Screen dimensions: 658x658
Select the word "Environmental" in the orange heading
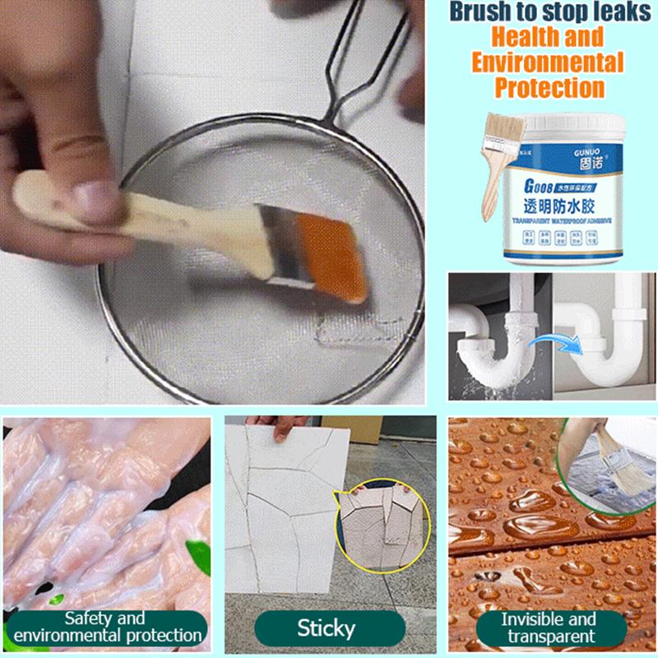click(x=545, y=62)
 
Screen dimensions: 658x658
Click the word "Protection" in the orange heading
click(x=545, y=87)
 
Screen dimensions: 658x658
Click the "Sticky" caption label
click(x=327, y=629)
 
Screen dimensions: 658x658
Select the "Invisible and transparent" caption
click(x=549, y=627)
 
